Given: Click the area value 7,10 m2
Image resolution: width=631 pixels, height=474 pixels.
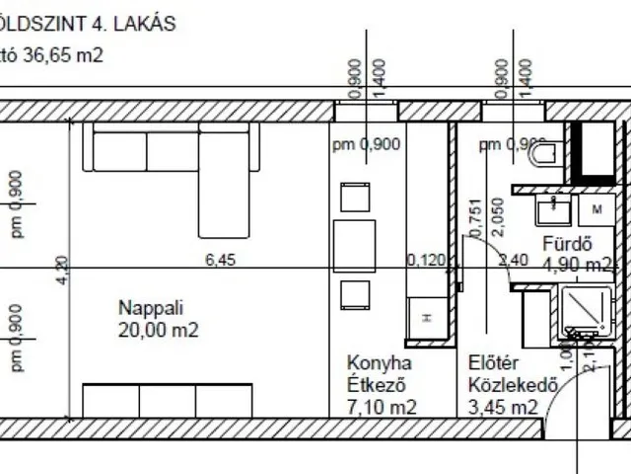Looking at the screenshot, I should (x=381, y=406).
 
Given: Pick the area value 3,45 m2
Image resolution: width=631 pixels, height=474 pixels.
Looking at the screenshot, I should (x=503, y=406).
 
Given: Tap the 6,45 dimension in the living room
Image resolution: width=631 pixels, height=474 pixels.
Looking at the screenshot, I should (x=222, y=260).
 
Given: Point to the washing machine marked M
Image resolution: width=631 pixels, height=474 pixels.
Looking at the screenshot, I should (x=596, y=210).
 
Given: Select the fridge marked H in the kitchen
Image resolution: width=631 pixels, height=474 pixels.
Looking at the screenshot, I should (x=426, y=315).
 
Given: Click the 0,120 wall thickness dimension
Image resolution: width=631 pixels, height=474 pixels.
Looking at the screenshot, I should (x=427, y=261).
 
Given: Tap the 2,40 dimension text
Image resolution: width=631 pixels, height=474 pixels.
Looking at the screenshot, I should (x=516, y=261).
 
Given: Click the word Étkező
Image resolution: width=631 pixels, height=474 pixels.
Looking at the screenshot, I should (x=377, y=384).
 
